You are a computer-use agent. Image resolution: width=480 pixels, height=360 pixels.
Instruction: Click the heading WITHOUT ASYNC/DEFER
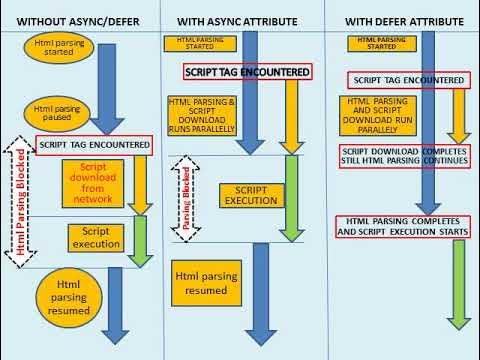click(75, 20)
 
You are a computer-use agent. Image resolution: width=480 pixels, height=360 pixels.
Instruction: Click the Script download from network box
click(91, 184)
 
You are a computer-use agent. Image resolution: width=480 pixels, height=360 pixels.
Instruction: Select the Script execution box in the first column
click(95, 237)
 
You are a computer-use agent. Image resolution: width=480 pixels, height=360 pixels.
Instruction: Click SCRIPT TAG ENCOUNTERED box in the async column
click(248, 72)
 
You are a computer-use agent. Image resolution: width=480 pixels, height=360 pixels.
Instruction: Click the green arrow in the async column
click(293, 195)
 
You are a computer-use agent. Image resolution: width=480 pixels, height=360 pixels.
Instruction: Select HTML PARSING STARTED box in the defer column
click(374, 41)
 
